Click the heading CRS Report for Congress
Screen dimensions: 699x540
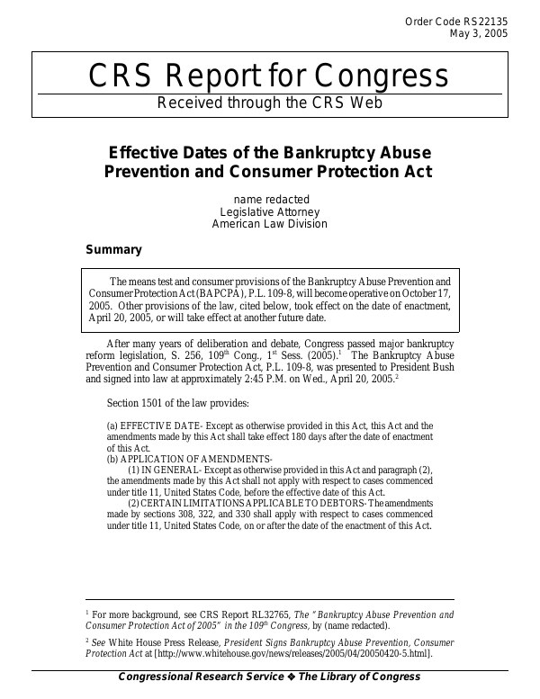269,76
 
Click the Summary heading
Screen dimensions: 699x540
113,249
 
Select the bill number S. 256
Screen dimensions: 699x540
229,356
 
